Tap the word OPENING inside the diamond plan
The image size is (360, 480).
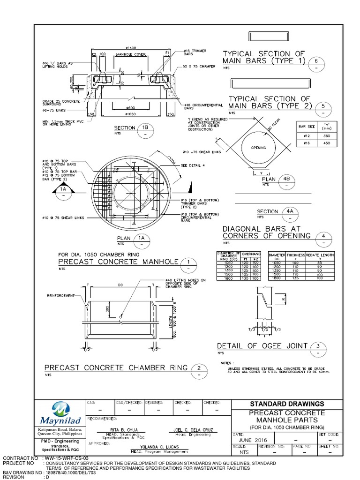[x=259, y=148]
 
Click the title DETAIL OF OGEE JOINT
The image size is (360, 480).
[x=262, y=346]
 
